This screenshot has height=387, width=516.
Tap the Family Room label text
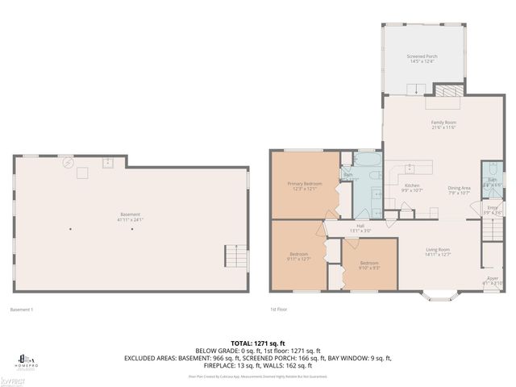coord(443,125)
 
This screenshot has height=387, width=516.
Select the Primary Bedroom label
coord(305,186)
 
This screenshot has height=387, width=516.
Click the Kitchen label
coord(412,189)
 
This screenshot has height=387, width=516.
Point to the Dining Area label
coord(459,190)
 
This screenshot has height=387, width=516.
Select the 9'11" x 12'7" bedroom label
coord(298,256)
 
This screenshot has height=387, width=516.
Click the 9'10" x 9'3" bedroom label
coord(369,265)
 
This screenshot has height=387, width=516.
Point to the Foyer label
coord(492,281)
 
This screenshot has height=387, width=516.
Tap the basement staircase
coord(235,257)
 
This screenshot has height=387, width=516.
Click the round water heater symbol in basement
coord(69,161)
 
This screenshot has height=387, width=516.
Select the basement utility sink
coord(106,163)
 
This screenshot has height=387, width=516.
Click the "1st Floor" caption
coord(280,310)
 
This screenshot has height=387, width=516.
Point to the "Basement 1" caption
coord(22,310)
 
